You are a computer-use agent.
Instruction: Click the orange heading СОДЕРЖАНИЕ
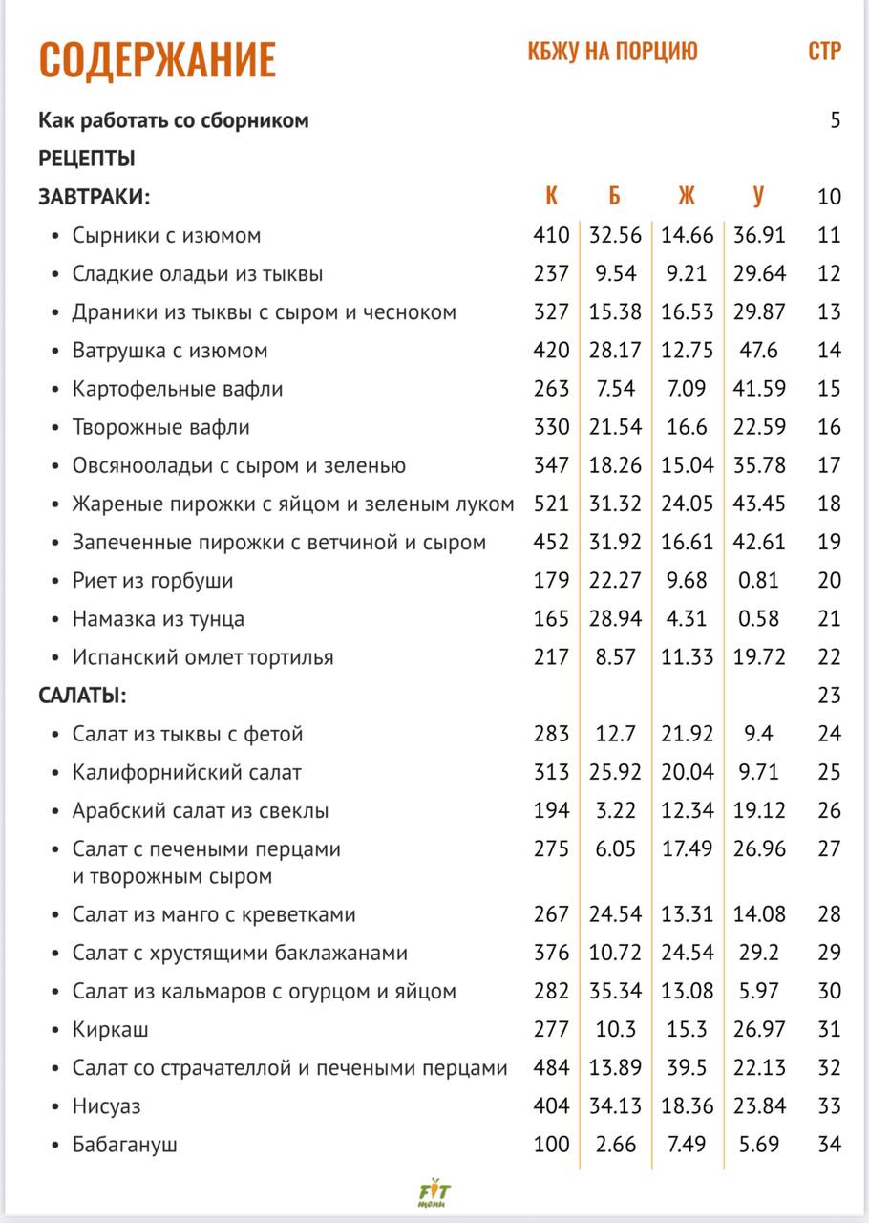coord(158,59)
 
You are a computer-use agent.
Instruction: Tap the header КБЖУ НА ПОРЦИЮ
coord(612,52)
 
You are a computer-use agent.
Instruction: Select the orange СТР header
coord(824,52)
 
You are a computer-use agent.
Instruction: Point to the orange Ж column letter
coord(687,197)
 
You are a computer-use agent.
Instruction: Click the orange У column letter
coord(758,197)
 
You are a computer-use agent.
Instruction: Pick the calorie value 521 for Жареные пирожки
coord(551,504)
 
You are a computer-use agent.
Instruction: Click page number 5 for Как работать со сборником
coord(836,120)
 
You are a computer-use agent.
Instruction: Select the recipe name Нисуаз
coord(107,1106)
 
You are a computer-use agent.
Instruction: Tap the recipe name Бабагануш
coord(125,1145)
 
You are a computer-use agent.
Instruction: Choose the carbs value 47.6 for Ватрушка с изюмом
coord(759,351)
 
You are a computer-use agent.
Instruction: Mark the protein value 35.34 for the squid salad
coord(615,992)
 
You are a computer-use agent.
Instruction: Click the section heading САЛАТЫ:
coord(83,696)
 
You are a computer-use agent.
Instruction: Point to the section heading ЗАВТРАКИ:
coord(95,197)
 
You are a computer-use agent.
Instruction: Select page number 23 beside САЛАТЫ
coord(829,696)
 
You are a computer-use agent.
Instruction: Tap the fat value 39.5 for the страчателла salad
coord(687,1068)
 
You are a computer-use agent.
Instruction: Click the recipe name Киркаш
coord(111,1030)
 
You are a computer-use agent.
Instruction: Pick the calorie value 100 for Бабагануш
coord(551,1145)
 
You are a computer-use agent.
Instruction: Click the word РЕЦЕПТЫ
coord(87,159)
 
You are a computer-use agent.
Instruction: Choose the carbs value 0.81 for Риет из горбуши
coord(758,580)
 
